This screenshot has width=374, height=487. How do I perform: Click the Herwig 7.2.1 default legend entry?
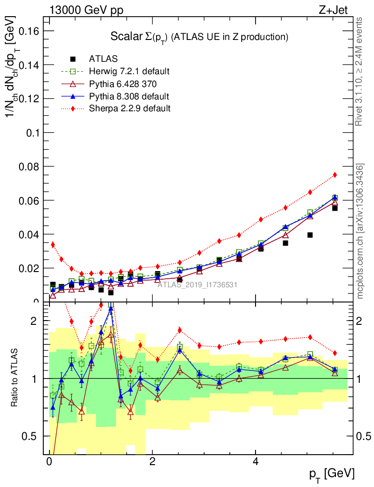click(128, 71)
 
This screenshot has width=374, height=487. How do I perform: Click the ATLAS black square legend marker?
click(73, 59)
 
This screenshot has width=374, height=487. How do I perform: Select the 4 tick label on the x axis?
click(256, 462)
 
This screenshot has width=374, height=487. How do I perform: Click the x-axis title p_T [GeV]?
click(332, 474)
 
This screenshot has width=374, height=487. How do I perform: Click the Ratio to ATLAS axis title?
click(16, 378)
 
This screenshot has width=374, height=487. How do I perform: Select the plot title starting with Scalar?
click(199, 37)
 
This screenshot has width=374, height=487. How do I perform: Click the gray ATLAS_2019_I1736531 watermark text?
click(197, 285)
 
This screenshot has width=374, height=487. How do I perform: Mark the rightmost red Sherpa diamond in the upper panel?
click(335, 175)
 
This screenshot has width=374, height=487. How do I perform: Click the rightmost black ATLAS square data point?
click(335, 208)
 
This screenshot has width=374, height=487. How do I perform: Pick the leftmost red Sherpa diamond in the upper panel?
click(53, 244)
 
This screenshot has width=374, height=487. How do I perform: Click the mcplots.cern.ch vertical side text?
click(360, 231)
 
